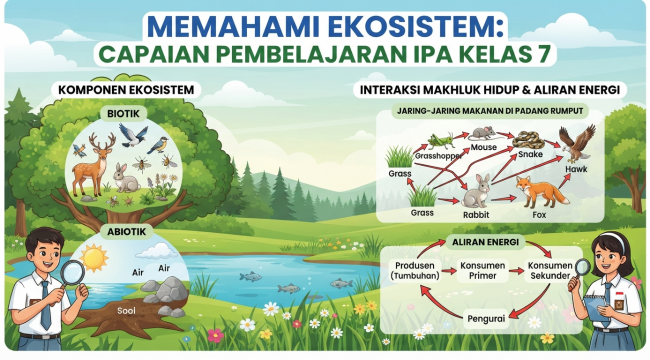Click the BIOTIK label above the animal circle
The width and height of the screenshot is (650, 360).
tap(123, 114)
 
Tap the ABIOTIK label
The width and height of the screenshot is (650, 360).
tap(126, 232)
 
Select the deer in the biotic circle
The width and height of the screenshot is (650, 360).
tap(93, 165)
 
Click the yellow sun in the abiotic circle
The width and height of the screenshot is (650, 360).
tap(94, 258)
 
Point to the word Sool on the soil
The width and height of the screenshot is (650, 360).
tap(126, 311)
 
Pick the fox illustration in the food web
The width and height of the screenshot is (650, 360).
tap(540, 192)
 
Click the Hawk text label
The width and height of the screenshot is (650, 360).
tap(576, 169)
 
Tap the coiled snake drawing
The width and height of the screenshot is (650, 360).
tap(528, 140)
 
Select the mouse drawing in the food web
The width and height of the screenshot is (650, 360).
tap(483, 133)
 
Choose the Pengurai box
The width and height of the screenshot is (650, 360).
tap(486, 319)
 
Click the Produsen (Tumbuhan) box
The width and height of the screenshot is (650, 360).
tap(415, 270)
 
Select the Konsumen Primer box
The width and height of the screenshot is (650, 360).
tap(483, 270)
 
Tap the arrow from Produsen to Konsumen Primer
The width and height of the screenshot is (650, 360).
tap(448, 272)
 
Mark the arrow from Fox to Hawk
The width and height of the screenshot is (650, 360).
tap(563, 182)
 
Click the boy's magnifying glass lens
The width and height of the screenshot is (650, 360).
tap(72, 272)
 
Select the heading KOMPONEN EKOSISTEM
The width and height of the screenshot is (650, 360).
tap(126, 90)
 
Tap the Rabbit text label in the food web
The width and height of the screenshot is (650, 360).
tap(476, 215)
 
